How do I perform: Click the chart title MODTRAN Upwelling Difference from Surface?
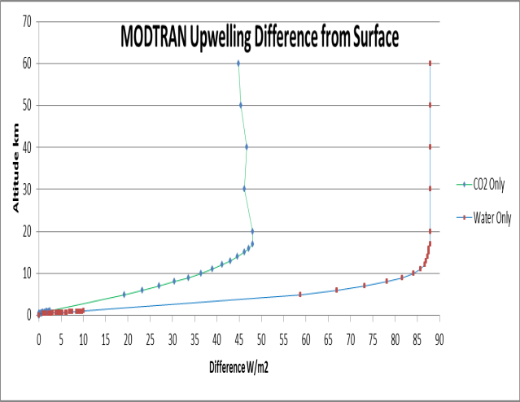click(260, 37)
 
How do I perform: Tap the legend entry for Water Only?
click(489, 217)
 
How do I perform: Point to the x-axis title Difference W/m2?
click(238, 366)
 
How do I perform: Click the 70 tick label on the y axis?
click(27, 21)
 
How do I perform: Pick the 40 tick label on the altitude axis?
click(27, 147)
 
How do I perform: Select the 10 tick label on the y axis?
click(27, 273)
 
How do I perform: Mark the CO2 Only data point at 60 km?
click(238, 63)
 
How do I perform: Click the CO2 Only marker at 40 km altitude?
click(247, 147)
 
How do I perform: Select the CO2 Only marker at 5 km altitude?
click(124, 295)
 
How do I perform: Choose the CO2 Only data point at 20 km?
click(252, 231)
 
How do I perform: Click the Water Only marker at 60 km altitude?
click(430, 63)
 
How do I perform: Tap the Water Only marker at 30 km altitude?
click(430, 189)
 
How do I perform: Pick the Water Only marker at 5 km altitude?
click(299, 295)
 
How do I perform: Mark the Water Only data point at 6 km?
click(336, 290)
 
